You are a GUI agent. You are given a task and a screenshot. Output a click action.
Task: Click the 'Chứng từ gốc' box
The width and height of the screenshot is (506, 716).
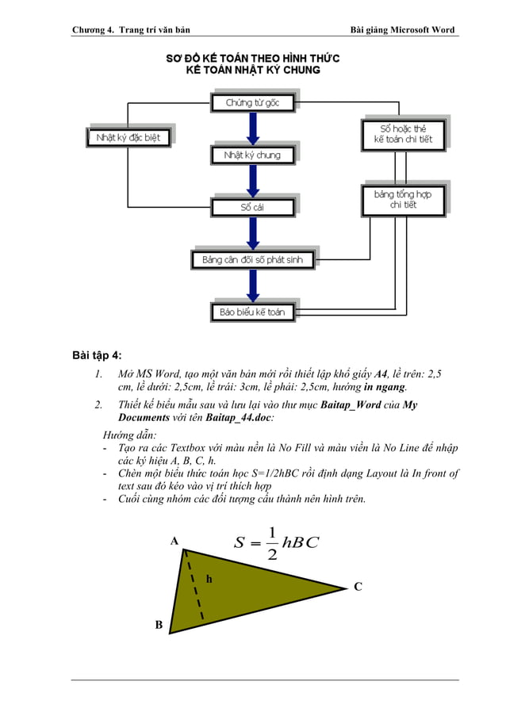click(247, 103)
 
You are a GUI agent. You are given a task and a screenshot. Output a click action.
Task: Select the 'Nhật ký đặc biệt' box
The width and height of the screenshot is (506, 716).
click(128, 137)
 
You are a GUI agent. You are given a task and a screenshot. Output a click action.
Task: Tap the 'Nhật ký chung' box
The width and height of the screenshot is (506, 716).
click(252, 155)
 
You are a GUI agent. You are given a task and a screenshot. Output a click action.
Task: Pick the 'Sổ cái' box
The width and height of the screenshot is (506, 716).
click(252, 207)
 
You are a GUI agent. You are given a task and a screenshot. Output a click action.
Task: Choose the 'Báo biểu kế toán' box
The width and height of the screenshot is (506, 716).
click(251, 312)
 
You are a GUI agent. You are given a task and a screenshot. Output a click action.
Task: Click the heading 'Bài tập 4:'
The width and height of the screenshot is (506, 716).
click(97, 354)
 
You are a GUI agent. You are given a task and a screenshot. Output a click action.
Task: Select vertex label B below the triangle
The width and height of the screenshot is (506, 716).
click(159, 626)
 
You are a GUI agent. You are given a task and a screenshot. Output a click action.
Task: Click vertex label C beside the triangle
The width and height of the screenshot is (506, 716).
click(358, 587)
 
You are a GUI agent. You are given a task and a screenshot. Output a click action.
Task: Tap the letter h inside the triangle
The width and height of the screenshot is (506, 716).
click(209, 579)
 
